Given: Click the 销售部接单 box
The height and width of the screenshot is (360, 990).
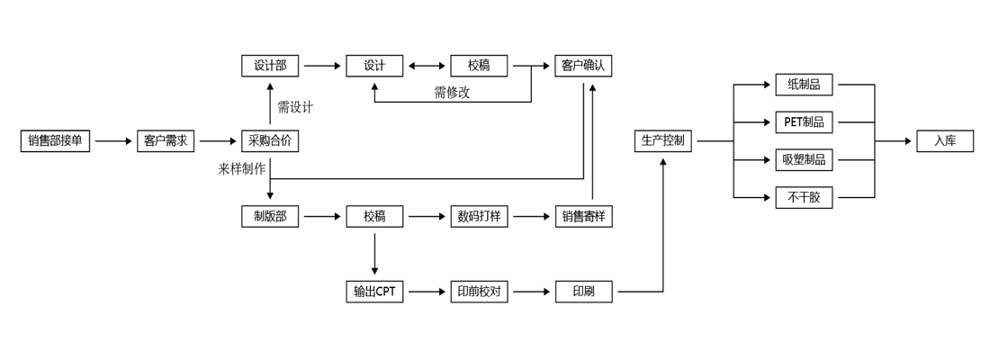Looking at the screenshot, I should (x=56, y=141).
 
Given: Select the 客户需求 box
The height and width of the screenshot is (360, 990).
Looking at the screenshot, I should (x=166, y=141).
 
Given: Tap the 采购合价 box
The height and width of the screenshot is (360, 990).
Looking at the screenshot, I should (x=270, y=141).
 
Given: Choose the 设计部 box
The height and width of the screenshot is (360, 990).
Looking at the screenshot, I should (x=270, y=66).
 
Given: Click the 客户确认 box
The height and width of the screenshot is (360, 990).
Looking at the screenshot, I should (x=583, y=66).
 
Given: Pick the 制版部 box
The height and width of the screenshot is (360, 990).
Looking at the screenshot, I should (x=270, y=216).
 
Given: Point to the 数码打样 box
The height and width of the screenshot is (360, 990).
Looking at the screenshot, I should (x=479, y=216).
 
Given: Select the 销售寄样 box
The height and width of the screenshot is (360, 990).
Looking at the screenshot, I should (x=583, y=216).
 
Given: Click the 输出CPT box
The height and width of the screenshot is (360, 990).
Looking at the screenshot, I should (x=374, y=292).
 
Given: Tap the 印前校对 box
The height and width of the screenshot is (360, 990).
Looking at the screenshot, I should (x=479, y=292).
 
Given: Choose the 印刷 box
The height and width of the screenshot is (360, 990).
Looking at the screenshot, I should (x=583, y=292).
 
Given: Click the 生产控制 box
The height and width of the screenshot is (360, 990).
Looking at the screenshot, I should (x=662, y=141).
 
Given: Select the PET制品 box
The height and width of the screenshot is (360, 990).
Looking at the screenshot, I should (x=804, y=122).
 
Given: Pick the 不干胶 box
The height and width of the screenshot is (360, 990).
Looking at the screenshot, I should (x=804, y=197).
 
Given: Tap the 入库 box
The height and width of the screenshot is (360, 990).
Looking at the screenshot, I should (x=945, y=141).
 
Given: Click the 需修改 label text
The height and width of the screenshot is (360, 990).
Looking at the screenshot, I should (x=452, y=92).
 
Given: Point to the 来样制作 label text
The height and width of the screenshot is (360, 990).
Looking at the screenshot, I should (x=241, y=168).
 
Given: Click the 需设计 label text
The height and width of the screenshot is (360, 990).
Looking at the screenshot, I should (x=295, y=107).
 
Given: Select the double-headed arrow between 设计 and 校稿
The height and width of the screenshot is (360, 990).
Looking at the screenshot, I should (x=427, y=66).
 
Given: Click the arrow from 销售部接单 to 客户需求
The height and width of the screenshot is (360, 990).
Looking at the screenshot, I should (x=113, y=141).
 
